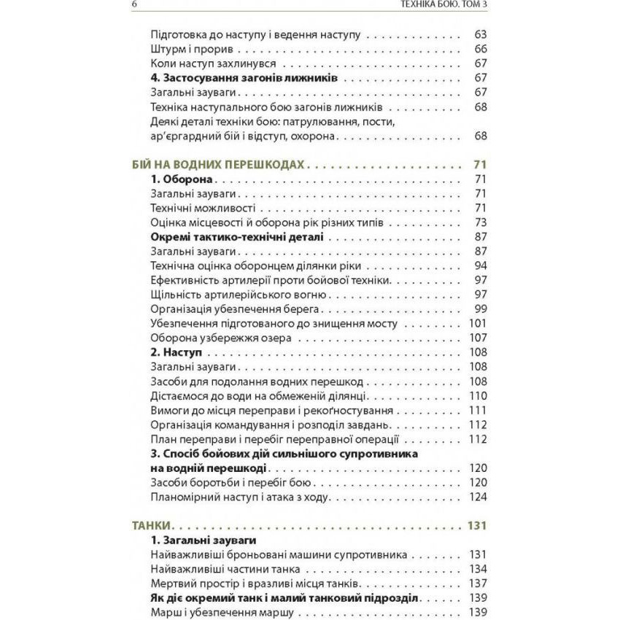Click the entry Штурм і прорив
tap(193, 49)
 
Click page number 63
tap(479, 34)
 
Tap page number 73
tap(479, 222)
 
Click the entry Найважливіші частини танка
tap(226, 569)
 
